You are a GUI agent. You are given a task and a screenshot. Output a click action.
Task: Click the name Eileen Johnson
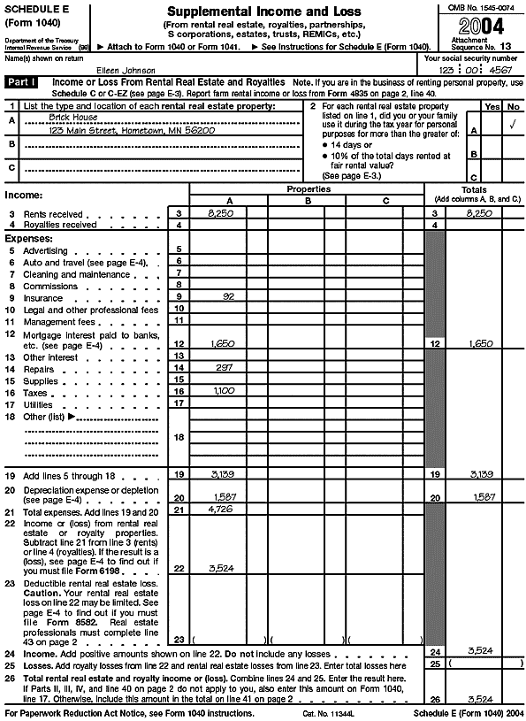[x=125, y=69]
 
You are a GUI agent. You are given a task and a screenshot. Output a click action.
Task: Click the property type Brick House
[x=73, y=117]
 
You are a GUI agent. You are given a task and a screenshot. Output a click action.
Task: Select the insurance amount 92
[x=228, y=296]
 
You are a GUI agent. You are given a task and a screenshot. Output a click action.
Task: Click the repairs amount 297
[x=225, y=366]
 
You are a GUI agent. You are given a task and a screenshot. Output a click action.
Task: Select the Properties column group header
[x=307, y=189]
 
